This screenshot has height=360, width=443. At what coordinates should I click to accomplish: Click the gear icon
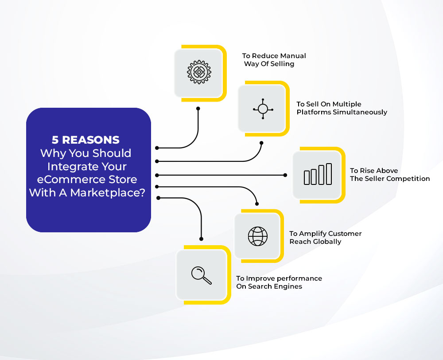(199, 72)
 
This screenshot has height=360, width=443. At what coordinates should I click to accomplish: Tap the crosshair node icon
(263, 109)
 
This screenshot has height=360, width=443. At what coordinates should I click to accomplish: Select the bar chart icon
(318, 174)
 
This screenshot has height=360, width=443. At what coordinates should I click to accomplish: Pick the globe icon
(258, 236)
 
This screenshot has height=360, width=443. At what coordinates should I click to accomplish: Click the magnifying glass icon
(201, 275)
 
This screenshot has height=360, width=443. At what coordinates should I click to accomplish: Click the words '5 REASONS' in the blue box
(85, 140)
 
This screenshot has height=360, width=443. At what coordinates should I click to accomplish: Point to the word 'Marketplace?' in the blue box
(108, 193)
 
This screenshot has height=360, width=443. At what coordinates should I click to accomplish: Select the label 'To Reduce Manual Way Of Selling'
(274, 60)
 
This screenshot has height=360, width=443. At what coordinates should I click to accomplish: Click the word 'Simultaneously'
(360, 112)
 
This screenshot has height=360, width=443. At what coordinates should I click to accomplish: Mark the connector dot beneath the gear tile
(198, 109)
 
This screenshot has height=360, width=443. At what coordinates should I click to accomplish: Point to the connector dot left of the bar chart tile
(285, 175)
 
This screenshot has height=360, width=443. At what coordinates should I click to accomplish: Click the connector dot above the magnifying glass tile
(201, 239)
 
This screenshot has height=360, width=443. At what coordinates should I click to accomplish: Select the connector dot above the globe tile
(257, 204)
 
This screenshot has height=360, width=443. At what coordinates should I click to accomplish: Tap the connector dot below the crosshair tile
(261, 143)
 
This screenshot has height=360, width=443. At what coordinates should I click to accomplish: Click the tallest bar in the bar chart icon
(329, 174)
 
